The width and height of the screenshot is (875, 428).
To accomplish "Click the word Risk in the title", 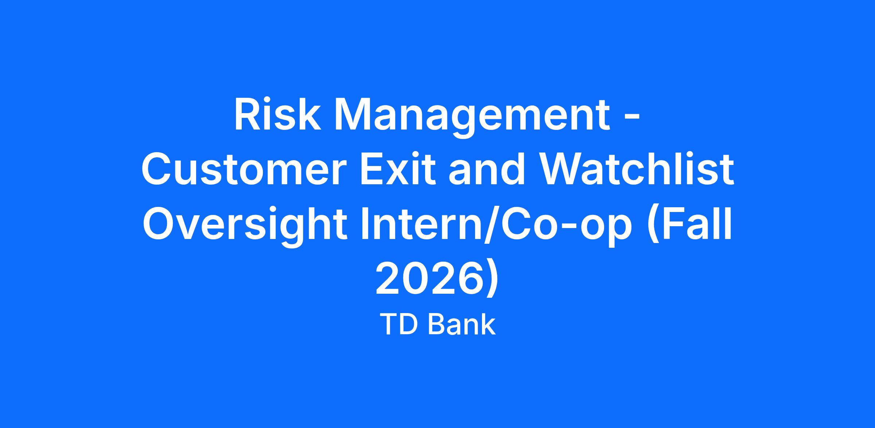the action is [x=277, y=114].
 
